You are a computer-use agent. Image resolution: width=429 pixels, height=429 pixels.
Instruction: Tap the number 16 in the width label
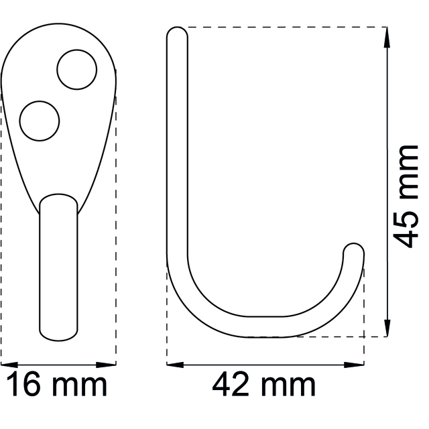click(23, 383)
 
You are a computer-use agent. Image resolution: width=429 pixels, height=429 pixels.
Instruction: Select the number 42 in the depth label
click(231, 383)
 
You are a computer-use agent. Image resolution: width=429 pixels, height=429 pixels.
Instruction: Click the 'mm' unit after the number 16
click(79, 387)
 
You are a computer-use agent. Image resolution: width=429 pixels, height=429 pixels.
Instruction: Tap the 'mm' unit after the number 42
click(288, 387)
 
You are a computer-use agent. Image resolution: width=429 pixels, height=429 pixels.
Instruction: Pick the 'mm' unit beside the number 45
click(408, 172)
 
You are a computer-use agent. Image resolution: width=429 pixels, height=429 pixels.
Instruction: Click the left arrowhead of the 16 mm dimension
click(9, 365)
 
